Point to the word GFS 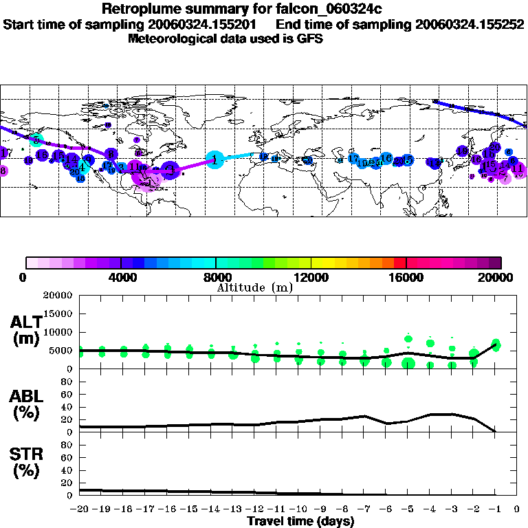(309, 38)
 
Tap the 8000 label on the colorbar (216, 278)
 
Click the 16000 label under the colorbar (406, 278)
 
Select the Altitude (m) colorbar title (254, 287)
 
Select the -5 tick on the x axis (408, 509)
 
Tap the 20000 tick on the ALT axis (58, 296)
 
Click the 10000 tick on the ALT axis (58, 332)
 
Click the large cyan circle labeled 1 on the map (215, 159)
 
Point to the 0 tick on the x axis (517, 509)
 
